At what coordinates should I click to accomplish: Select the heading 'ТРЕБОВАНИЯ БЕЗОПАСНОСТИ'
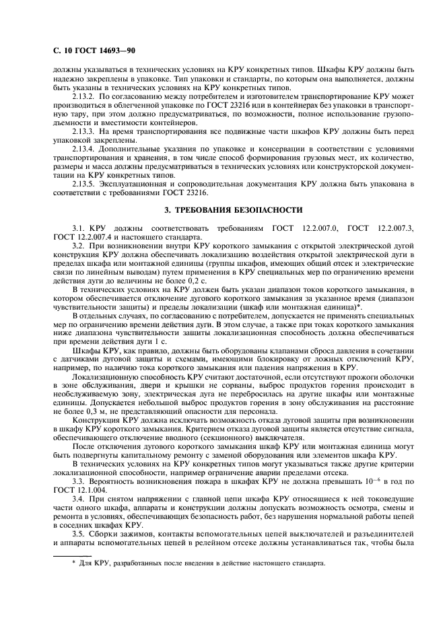pyautogui.click(x=230, y=210)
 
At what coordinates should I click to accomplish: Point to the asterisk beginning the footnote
pyautogui.click(x=74, y=563)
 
